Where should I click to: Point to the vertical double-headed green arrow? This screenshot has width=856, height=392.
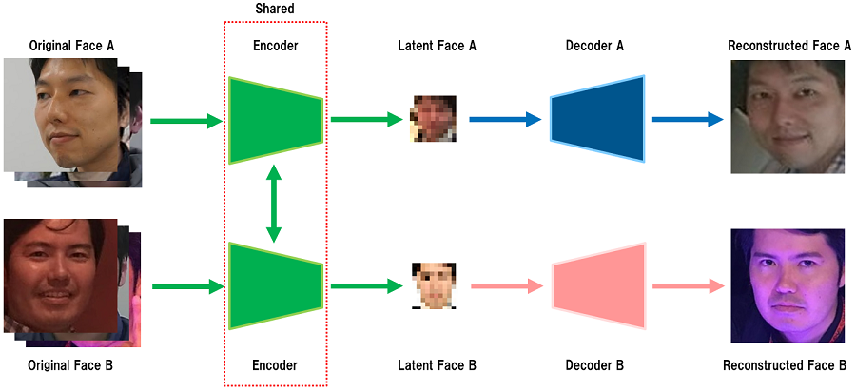point(274,203)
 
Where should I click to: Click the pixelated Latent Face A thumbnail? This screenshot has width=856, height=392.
point(434,119)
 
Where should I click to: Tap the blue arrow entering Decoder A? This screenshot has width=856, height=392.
point(505,120)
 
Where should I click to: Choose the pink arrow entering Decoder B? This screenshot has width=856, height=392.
point(505,284)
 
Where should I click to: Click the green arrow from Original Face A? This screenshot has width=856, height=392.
point(185,121)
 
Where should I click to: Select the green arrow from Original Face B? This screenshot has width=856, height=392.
point(185,284)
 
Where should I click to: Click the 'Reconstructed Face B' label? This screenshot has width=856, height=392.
point(785,365)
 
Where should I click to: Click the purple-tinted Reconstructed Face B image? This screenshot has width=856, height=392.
point(788,285)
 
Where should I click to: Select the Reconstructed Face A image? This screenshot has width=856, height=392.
point(788,117)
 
